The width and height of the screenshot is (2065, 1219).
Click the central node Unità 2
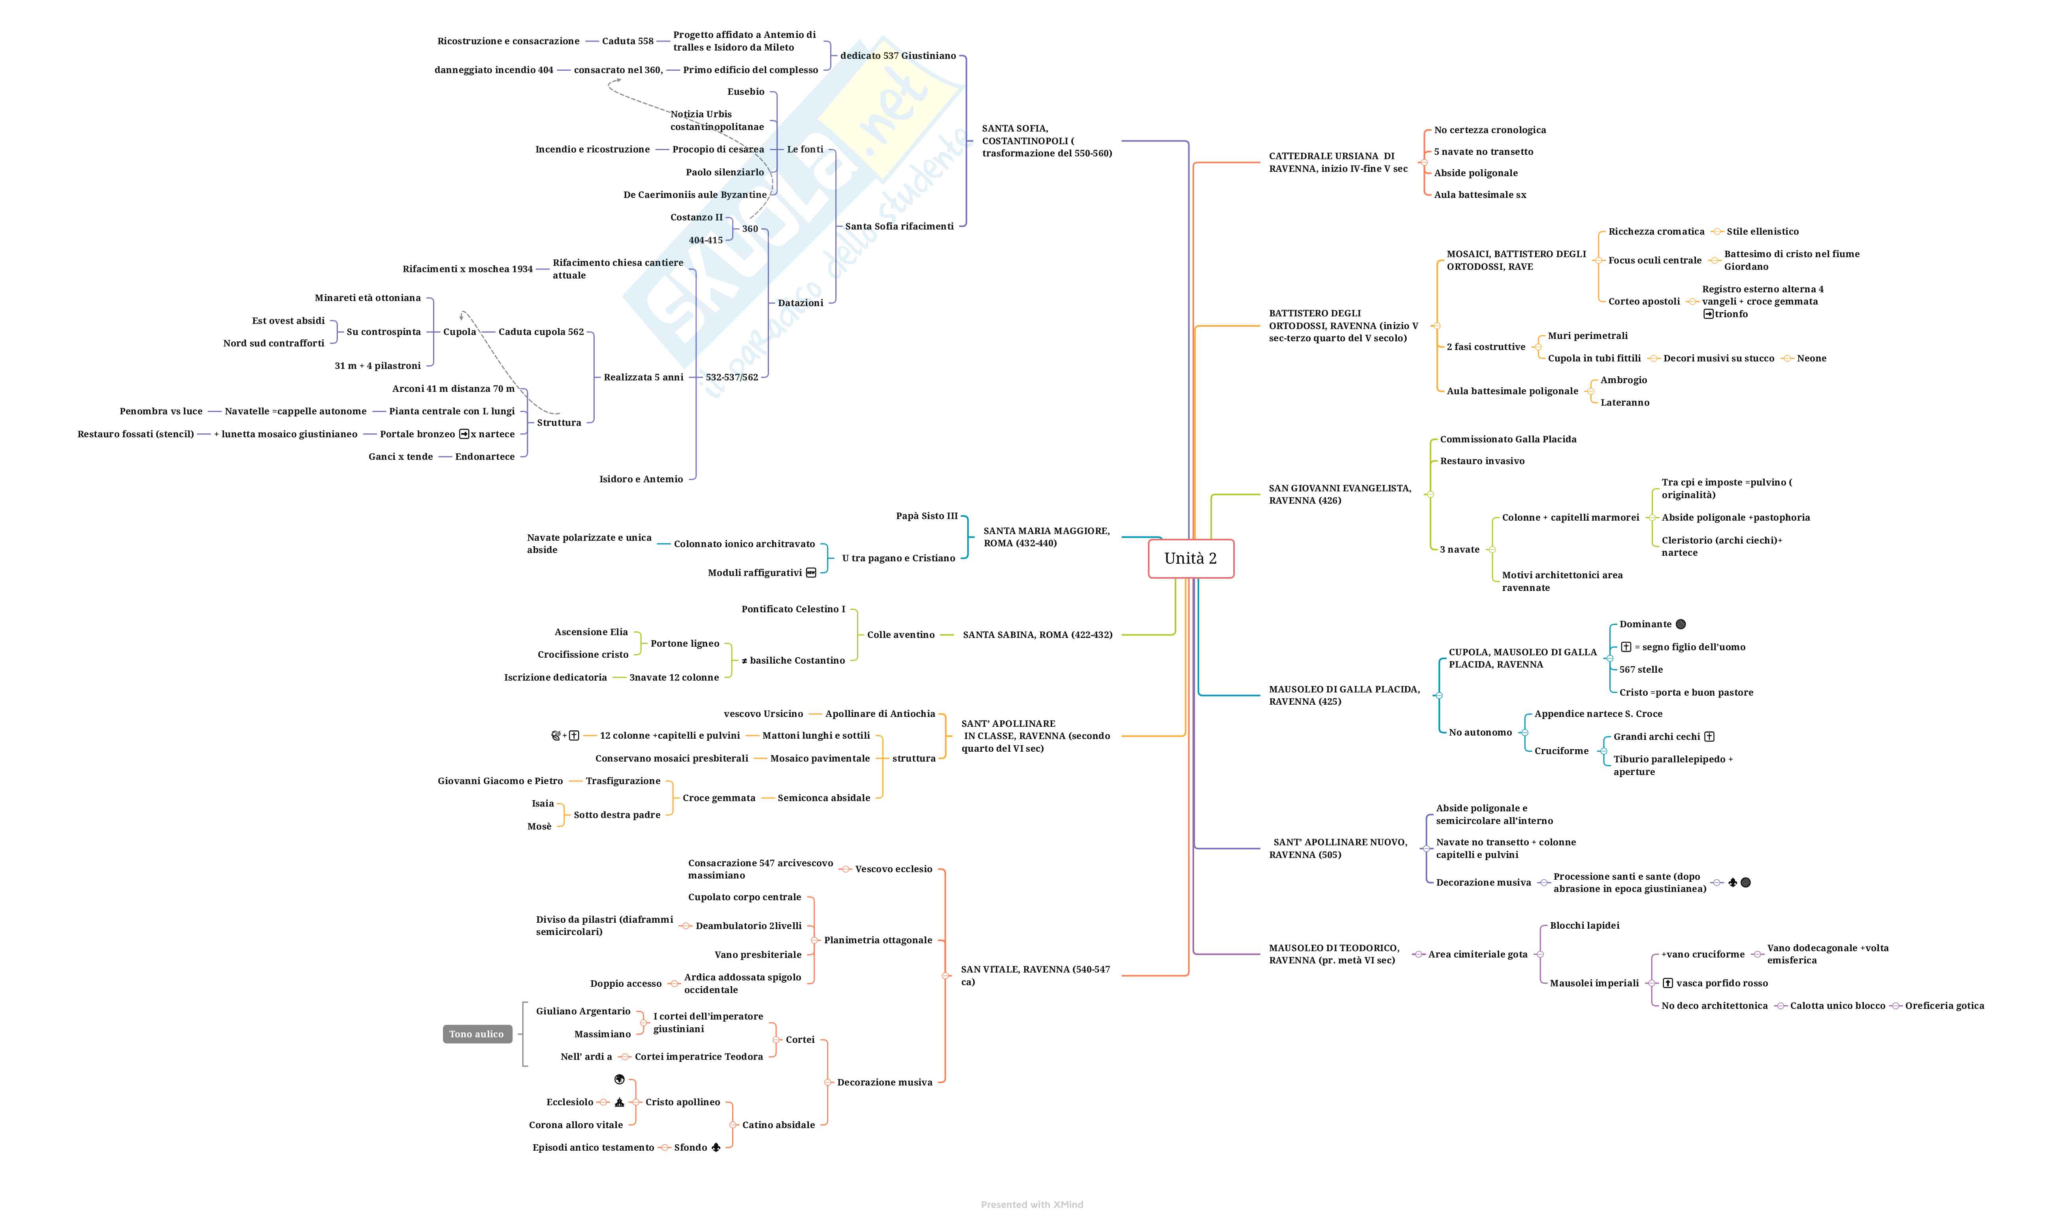[x=1190, y=559]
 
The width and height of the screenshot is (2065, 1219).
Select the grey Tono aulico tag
[x=477, y=1034]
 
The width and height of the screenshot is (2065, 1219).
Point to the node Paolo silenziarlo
[x=725, y=173]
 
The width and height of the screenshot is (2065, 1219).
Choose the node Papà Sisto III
[x=926, y=516]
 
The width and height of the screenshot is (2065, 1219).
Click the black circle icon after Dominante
[x=1681, y=624]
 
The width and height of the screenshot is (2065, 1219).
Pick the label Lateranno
[x=1624, y=403]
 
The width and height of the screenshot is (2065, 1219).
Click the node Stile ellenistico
[x=1762, y=231]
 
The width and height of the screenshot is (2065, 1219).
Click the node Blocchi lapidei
[x=1584, y=926]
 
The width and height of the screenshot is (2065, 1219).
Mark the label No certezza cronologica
[x=1490, y=130]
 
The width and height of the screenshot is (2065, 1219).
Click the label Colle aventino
[x=901, y=635]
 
